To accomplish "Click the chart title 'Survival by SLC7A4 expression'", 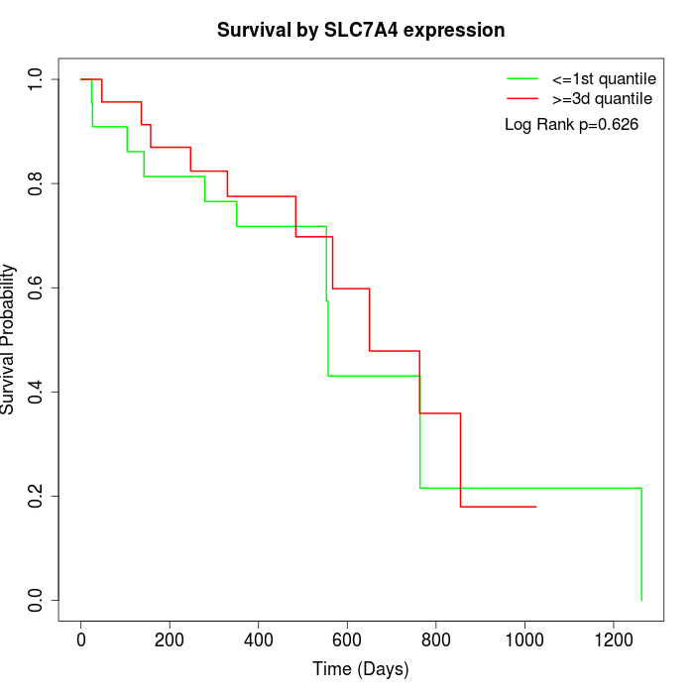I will coord(361,31).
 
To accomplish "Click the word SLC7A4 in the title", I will coord(363,31).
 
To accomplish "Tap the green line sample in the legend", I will coord(521,77).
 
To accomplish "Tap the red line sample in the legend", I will coord(521,98).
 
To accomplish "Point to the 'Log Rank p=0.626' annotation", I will coord(571,125).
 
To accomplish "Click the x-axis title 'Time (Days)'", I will coord(361,669).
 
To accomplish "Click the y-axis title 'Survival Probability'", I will coord(9,339).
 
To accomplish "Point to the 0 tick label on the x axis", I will coord(81,638).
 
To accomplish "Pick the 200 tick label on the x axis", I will coord(170,638).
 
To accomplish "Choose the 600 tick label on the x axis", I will coord(347,638).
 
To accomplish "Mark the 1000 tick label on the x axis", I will coord(523,638).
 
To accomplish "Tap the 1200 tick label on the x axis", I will coord(612,638).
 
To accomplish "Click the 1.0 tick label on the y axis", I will coord(37,79).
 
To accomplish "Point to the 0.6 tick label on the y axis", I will coord(37,288).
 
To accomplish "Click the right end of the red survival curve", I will coord(535,507).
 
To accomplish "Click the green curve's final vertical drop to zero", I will coord(641,545).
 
